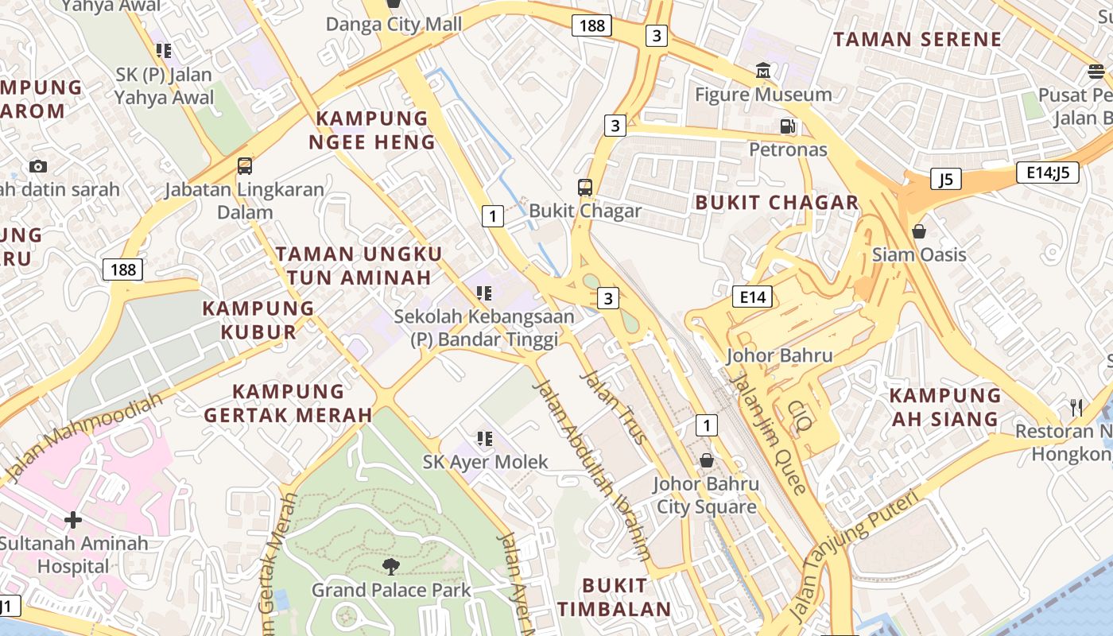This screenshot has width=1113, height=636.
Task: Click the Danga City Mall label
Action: pyautogui.click(x=394, y=25)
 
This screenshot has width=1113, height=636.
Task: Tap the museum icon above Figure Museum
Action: pyautogui.click(x=763, y=71)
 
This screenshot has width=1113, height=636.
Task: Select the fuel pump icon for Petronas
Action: pyautogui.click(x=788, y=126)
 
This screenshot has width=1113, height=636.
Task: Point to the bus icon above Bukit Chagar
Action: pyautogui.click(x=585, y=188)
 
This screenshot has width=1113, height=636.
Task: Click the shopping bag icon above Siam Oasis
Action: pyautogui.click(x=919, y=231)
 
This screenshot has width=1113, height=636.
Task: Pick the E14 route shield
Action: pyautogui.click(x=752, y=297)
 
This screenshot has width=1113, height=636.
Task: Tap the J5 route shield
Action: pyautogui.click(x=945, y=179)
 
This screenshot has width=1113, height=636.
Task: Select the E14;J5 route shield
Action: pyautogui.click(x=1047, y=173)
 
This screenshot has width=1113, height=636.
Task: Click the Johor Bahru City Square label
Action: pyautogui.click(x=706, y=495)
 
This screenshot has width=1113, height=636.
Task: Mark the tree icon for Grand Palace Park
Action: pyautogui.click(x=390, y=566)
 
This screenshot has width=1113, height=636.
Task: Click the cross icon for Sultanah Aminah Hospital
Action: pyautogui.click(x=73, y=521)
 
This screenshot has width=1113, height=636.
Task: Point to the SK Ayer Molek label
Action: pyautogui.click(x=485, y=462)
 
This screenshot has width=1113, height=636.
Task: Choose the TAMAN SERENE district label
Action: pyautogui.click(x=917, y=39)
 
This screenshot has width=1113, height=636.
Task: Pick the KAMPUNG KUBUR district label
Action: pyautogui.click(x=258, y=320)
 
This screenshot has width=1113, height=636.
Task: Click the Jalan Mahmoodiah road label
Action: pyautogui.click(x=83, y=437)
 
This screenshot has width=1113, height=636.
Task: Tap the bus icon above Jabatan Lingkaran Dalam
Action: pyautogui.click(x=245, y=166)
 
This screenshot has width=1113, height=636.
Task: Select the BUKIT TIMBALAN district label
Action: pyautogui.click(x=614, y=598)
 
